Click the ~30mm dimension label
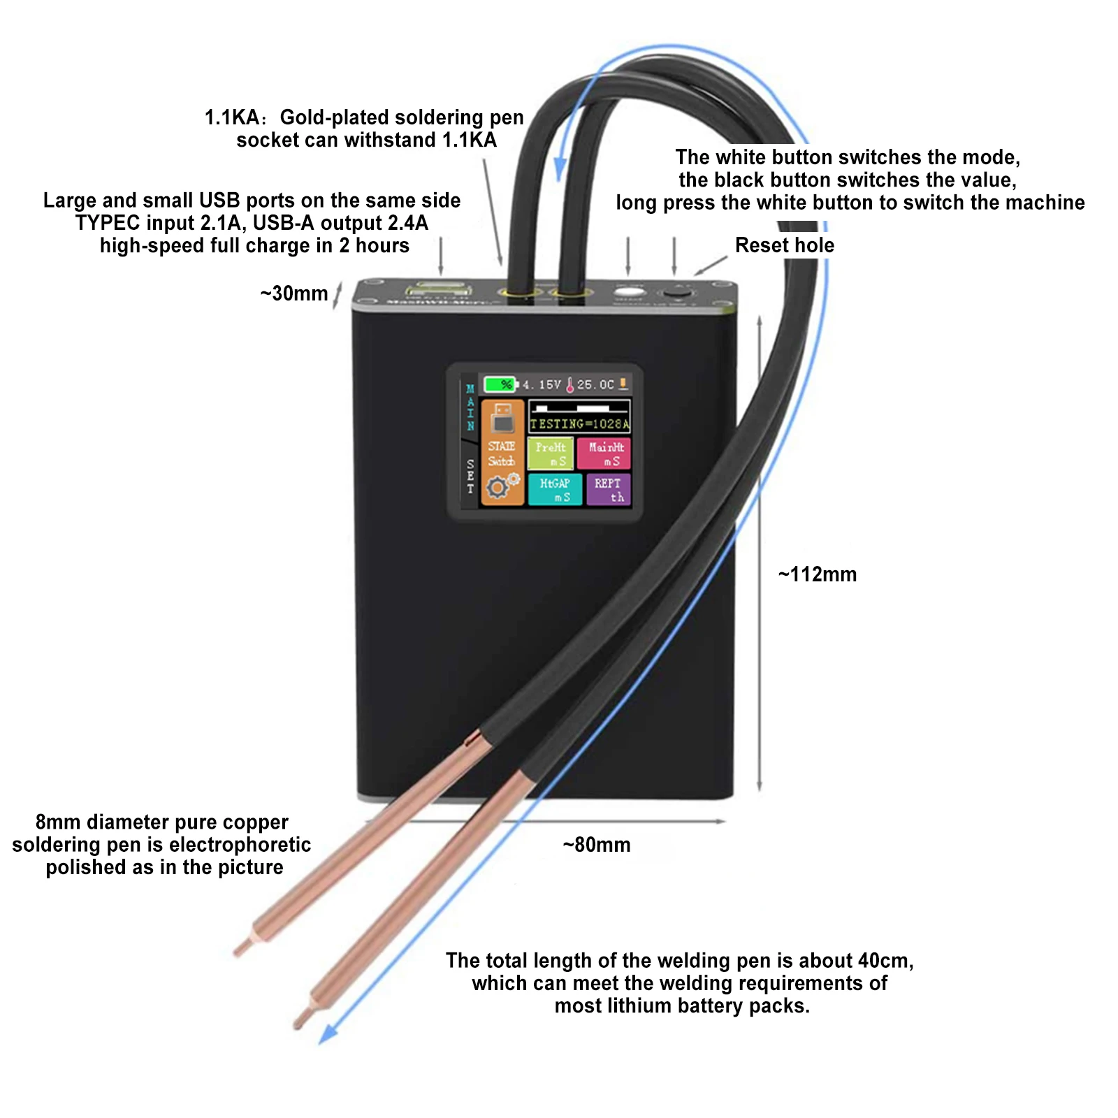[x=294, y=293]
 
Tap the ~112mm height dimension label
[x=818, y=574]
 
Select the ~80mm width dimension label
[x=597, y=845]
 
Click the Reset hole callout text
[x=785, y=245]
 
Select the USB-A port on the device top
[x=438, y=289]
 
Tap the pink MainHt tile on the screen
[x=604, y=453]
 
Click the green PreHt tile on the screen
[x=551, y=453]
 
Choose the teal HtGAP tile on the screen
[x=555, y=490]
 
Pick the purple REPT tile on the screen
[x=609, y=490]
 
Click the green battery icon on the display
[x=500, y=384]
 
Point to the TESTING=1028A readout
[x=579, y=423]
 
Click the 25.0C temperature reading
[x=595, y=384]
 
